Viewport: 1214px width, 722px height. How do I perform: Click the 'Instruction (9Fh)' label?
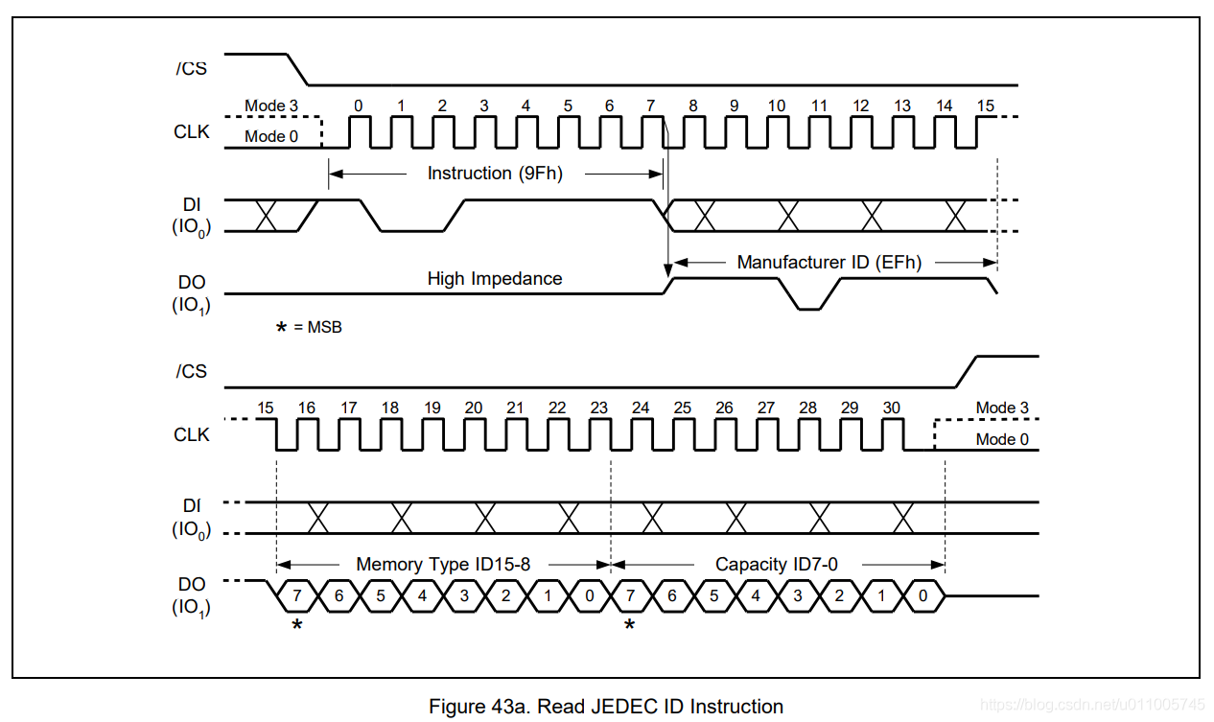coord(495,174)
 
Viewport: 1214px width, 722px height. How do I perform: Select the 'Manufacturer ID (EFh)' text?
coord(829,262)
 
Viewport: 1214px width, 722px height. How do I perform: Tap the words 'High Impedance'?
coord(495,279)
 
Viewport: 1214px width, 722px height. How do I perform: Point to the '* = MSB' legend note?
coord(309,327)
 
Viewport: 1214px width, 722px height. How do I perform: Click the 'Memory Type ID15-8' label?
coord(442,564)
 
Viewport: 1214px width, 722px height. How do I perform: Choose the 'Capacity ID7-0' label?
coord(776,564)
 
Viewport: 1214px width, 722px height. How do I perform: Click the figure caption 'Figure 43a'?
coord(606,707)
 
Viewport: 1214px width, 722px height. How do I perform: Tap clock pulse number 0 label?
coord(359,105)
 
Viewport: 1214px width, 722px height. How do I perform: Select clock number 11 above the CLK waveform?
coord(818,105)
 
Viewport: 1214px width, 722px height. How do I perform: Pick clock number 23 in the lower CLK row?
coord(599,408)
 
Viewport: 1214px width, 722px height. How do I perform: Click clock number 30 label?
coord(891,408)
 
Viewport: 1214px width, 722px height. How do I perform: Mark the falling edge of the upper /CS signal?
coord(297,70)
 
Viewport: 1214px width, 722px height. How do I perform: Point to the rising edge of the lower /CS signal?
coord(966,372)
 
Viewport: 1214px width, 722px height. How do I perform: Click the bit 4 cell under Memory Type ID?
coord(422,595)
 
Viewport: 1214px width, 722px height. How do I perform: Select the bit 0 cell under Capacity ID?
coord(922,595)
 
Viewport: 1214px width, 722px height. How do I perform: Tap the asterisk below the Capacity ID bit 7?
coord(629,625)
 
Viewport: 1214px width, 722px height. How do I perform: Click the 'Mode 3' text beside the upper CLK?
coord(271,105)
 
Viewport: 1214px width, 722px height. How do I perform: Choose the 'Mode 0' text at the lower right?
coord(1002,439)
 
